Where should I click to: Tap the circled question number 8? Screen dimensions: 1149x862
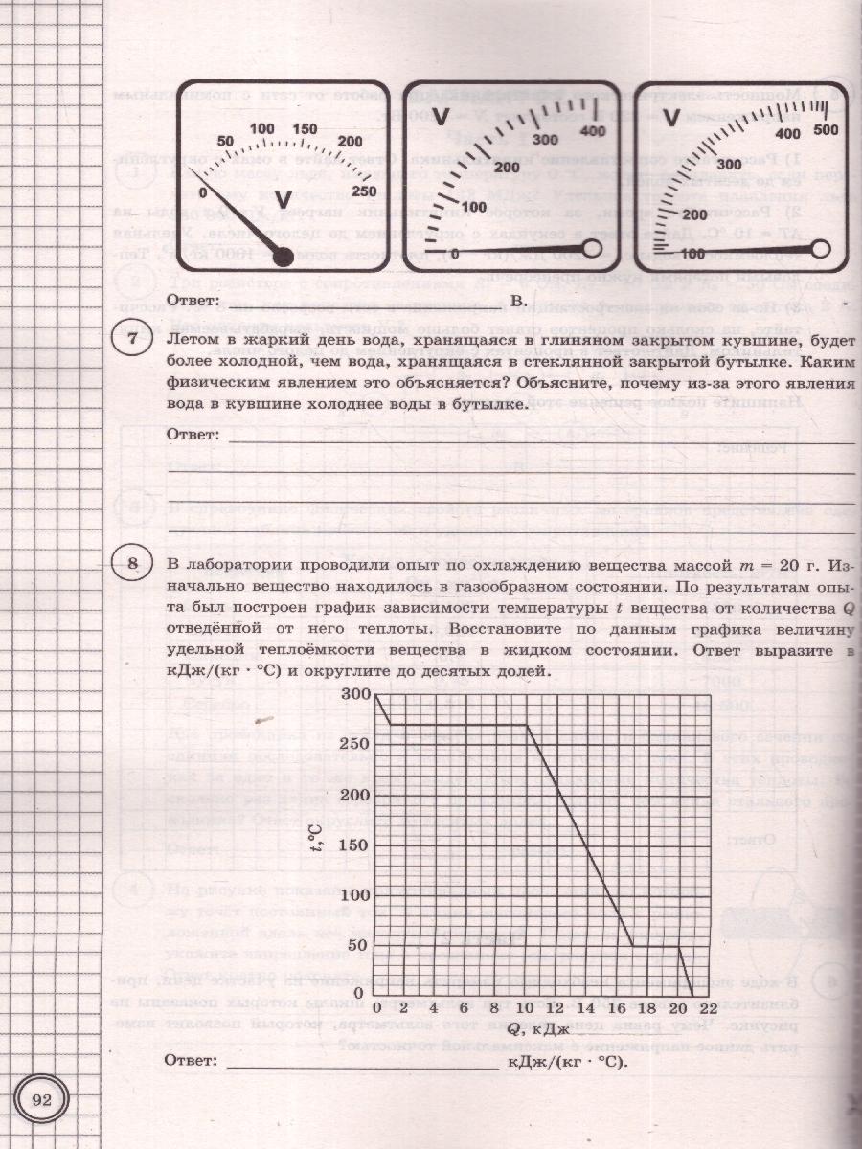tap(131, 563)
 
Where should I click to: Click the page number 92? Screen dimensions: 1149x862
tap(41, 1099)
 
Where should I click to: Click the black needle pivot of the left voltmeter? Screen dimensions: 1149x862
tap(284, 256)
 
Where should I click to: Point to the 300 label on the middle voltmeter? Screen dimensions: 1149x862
tap(544, 140)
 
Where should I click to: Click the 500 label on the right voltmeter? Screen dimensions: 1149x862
tap(825, 129)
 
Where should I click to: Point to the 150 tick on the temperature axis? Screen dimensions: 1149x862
tap(353, 845)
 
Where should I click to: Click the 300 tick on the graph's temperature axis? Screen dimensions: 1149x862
tap(353, 693)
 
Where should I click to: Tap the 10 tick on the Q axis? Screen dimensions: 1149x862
tap(526, 1008)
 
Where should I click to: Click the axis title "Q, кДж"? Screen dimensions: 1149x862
tap(538, 1029)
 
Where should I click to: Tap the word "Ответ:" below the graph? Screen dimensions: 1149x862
tap(191, 1062)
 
